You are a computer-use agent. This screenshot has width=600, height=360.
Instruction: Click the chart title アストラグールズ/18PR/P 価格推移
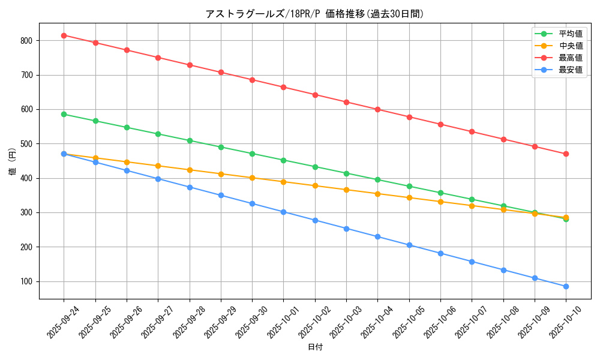[314, 14]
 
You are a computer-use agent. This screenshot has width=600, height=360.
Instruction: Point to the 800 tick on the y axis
[27, 41]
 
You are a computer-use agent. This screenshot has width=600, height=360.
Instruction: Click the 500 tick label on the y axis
[27, 144]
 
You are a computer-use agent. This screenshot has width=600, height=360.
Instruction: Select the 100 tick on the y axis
[27, 281]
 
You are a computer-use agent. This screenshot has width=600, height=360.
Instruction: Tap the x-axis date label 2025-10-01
[283, 322]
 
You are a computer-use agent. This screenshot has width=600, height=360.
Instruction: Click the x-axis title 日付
[314, 347]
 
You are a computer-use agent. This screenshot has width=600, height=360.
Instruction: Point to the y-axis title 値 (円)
[12, 161]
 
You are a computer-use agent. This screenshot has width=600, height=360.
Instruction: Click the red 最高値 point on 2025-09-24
[64, 35]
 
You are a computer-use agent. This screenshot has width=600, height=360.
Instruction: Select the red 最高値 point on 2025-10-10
[566, 154]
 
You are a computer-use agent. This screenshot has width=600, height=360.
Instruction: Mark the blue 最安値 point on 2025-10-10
[566, 286]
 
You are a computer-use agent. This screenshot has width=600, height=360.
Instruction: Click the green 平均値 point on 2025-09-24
[64, 114]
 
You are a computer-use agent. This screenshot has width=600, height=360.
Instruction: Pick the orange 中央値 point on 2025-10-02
[315, 185]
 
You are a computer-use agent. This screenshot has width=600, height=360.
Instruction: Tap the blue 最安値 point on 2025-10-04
[377, 236]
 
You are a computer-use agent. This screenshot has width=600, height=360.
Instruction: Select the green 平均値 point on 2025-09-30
[252, 154]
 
